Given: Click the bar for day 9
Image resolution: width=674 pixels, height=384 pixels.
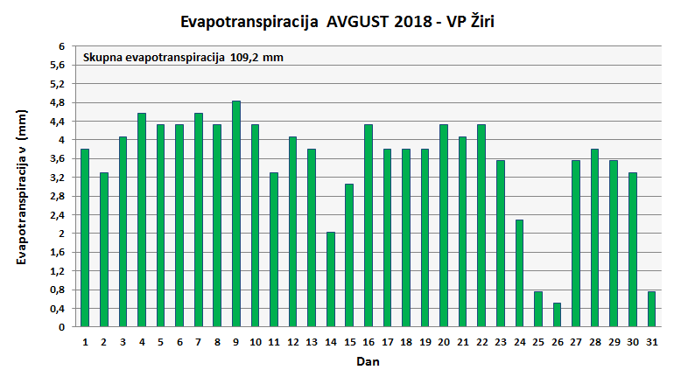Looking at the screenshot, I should tap(236, 214).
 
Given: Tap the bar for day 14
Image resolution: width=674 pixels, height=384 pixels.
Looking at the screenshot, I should tap(331, 280).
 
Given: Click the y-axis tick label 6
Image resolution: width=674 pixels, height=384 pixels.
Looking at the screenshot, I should tap(61, 46).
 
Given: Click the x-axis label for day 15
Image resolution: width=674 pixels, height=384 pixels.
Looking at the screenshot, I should tap(349, 341).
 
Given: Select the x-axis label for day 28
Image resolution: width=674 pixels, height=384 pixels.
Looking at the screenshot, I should tap(594, 341).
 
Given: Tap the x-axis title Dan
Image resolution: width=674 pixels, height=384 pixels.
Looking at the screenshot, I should tap(368, 360).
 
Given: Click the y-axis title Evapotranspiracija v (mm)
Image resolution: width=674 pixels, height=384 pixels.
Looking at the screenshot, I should tap(23, 187).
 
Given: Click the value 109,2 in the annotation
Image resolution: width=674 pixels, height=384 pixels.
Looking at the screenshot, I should tap(245, 58).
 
